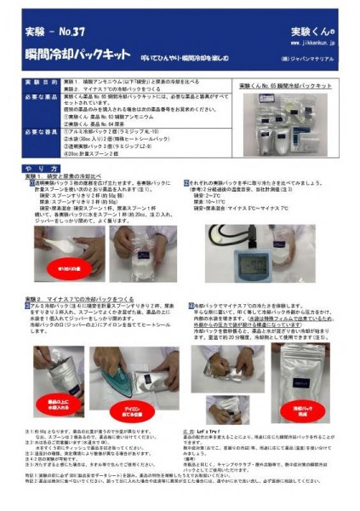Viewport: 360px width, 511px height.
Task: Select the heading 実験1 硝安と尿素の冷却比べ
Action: tap(69, 176)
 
